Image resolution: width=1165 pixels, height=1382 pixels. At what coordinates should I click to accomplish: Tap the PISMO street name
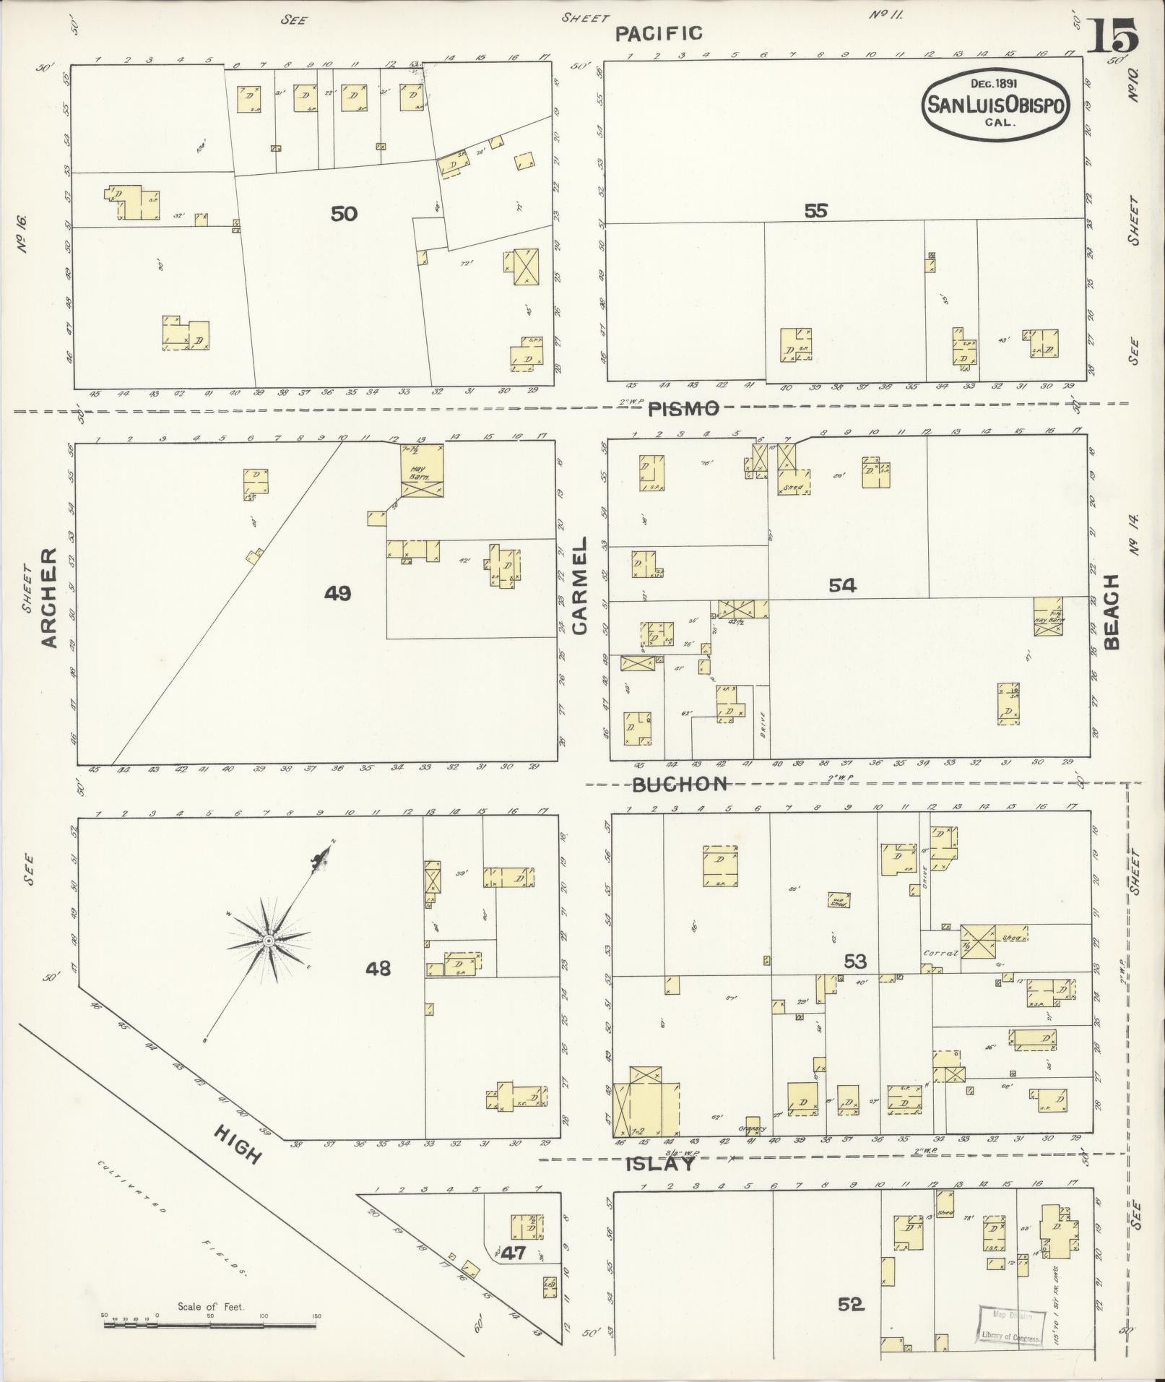coord(683,409)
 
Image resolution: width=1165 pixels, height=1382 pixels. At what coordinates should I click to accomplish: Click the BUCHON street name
coord(680,785)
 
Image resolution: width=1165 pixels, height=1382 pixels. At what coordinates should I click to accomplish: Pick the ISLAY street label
coord(660,1164)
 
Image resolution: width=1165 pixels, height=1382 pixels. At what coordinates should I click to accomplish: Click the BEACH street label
coord(1111,611)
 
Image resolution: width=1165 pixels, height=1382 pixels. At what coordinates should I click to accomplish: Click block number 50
coord(344,214)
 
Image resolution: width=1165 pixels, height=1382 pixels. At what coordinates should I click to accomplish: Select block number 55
coord(815,211)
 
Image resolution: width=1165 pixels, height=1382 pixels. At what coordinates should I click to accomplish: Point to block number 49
coord(337,593)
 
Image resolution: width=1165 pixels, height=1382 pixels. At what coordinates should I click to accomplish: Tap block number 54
coord(842,585)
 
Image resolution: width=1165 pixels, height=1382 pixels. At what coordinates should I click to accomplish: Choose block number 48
coord(378,967)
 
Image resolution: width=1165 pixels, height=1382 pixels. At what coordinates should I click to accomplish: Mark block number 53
coord(855,962)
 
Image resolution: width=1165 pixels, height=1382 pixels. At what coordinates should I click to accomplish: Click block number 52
coord(851,1304)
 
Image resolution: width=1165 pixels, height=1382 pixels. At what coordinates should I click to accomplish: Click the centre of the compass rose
coord(268,940)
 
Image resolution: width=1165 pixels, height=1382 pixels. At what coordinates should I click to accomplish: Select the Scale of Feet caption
coord(211,1306)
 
